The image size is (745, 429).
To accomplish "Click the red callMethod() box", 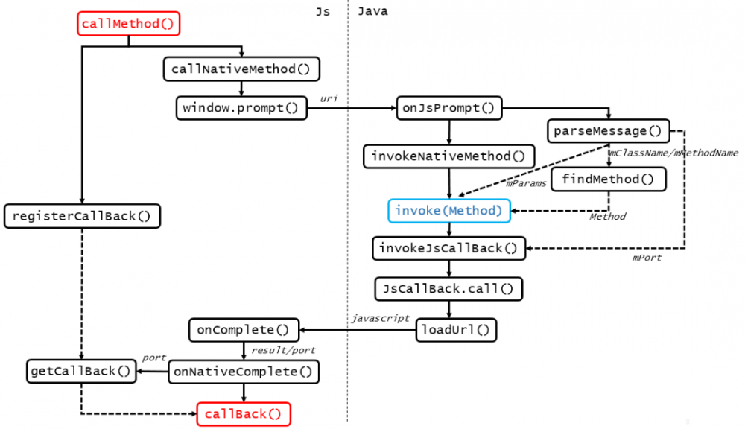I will coord(130,24).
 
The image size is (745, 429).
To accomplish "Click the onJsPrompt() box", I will coord(448,108).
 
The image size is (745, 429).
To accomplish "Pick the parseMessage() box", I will coord(609,131).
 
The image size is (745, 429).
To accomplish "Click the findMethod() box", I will coord(609,179).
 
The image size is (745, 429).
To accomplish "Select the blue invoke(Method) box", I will coord(449,211).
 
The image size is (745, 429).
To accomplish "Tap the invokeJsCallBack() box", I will coord(449,249).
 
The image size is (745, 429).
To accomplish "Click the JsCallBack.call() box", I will coord(449,287).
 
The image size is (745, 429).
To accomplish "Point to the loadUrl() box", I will coord(456,328).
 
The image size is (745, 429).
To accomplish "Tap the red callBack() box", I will coord(244,413).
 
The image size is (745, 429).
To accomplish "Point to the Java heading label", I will coord(372,11).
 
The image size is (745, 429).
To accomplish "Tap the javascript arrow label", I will coord(381,317).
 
